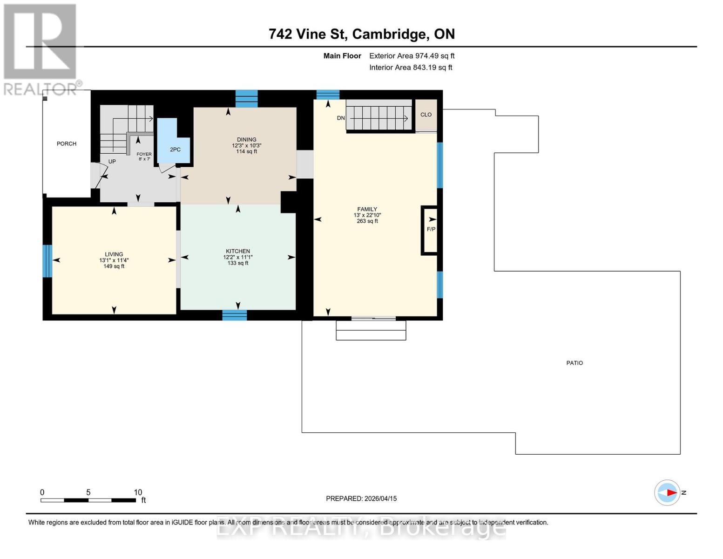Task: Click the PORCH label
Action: point(67,143)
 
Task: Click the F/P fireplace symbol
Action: point(431,229)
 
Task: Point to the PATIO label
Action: point(574,363)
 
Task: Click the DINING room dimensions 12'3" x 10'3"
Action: point(247,145)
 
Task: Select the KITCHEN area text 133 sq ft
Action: point(237,263)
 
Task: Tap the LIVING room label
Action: point(114,254)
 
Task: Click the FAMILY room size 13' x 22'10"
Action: point(367,215)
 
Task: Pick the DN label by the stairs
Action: point(341,118)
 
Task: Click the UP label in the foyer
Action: point(112,162)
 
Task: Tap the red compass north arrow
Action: point(670,492)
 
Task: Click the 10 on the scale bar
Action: point(138,492)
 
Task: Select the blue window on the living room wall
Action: point(47,261)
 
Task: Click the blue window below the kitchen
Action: point(235,315)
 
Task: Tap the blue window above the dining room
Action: point(246,98)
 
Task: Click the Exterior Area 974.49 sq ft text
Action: point(412,56)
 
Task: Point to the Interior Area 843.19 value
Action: point(432,68)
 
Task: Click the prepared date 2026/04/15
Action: point(380,498)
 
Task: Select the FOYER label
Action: point(144,154)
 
